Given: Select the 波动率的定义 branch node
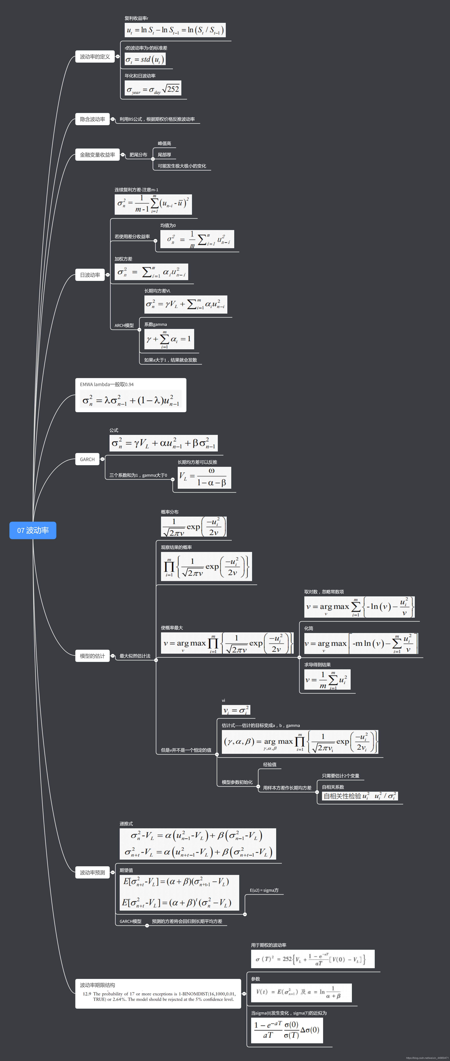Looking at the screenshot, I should pyautogui.click(x=95, y=56).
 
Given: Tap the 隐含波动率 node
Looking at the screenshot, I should pyautogui.click(x=92, y=119).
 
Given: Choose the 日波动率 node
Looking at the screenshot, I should pyautogui.click(x=90, y=275).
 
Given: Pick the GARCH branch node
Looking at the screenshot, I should pyautogui.click(x=87, y=459).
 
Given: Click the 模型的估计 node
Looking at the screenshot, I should pyautogui.click(x=92, y=656).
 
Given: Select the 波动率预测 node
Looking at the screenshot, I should pyautogui.click(x=92, y=872).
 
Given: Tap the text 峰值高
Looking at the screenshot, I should pyautogui.click(x=164, y=143).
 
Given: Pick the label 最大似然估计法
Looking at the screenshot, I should pyautogui.click(x=135, y=656).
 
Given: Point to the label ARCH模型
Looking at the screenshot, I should pyautogui.click(x=124, y=325).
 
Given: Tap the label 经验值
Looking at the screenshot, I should pyautogui.click(x=270, y=764).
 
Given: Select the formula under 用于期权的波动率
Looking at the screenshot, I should pyautogui.click(x=312, y=959).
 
